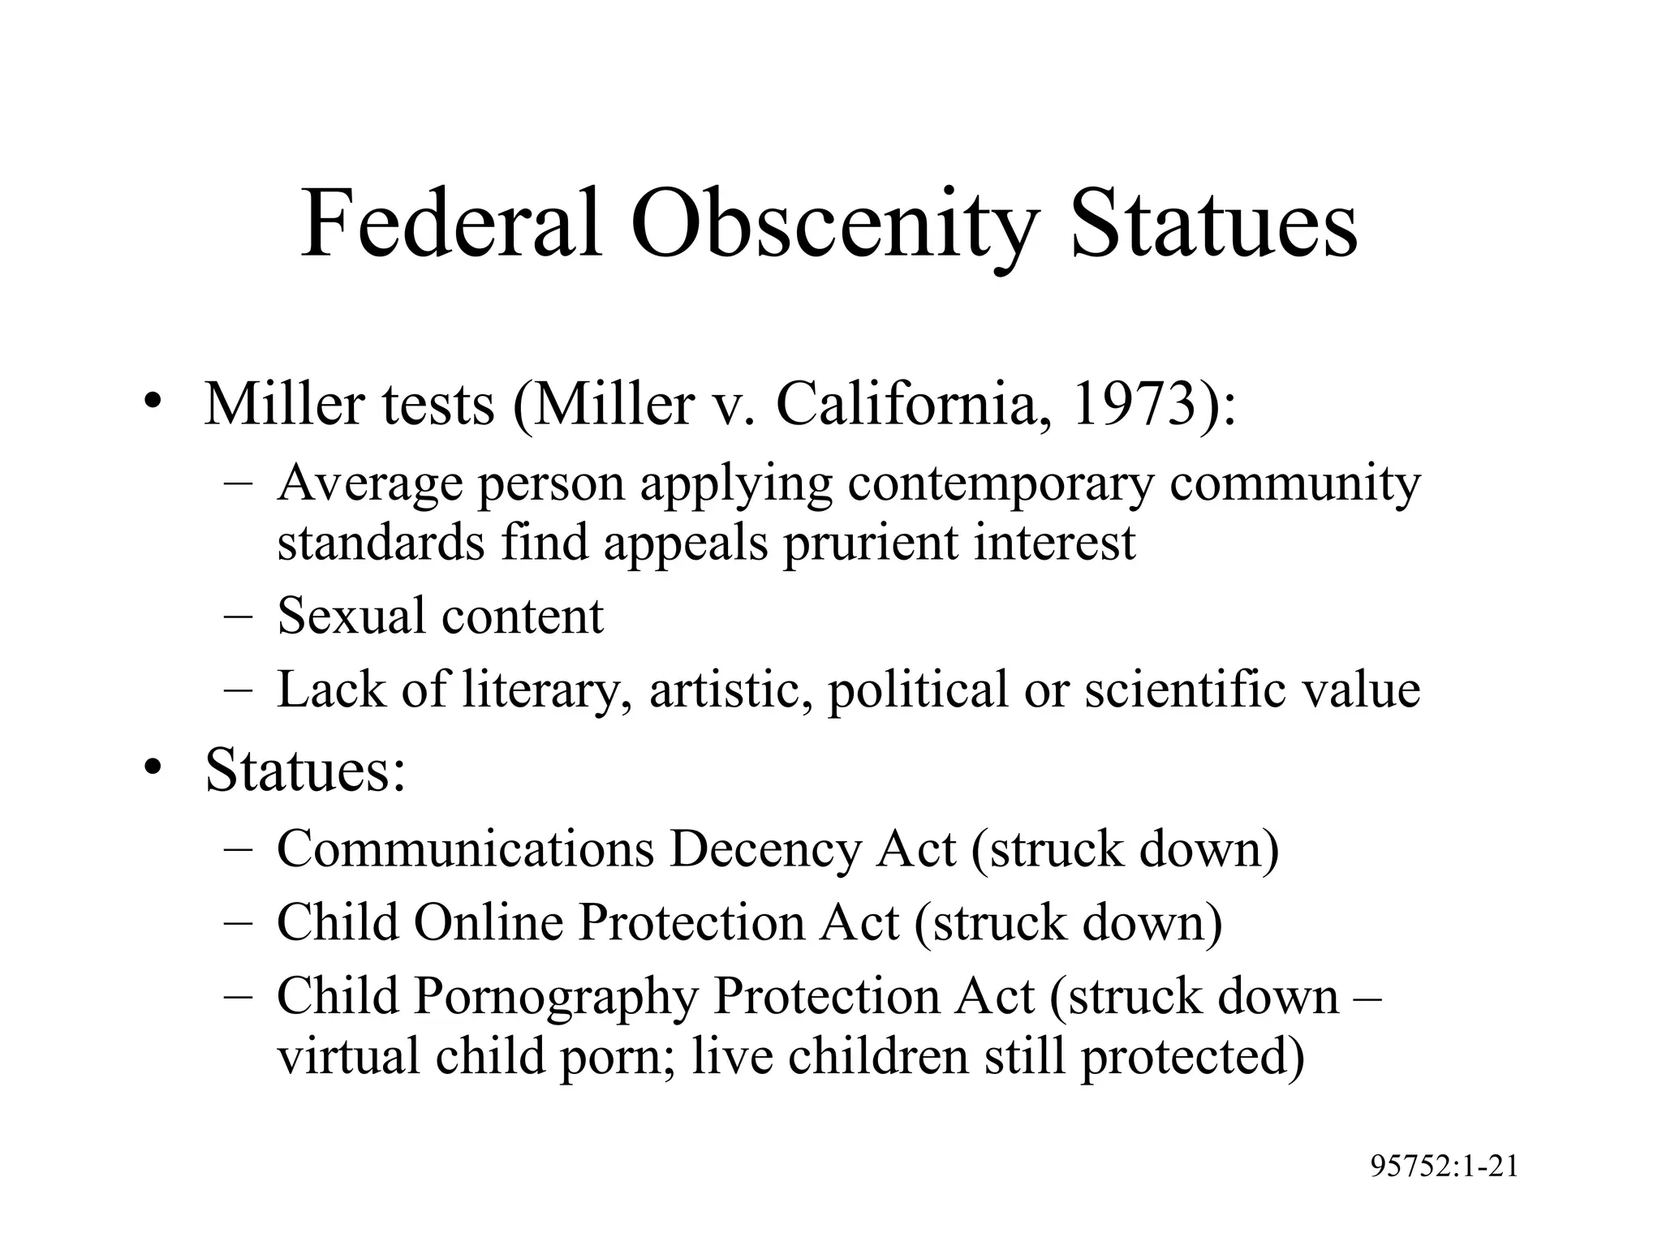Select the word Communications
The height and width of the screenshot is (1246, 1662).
pyautogui.click(x=465, y=849)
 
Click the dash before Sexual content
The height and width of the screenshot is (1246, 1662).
pyautogui.click(x=238, y=617)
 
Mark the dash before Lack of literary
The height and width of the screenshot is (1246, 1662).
pyautogui.click(x=238, y=690)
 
